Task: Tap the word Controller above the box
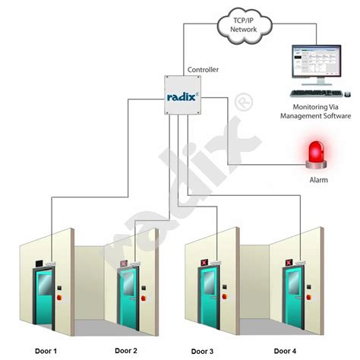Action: pos(202,70)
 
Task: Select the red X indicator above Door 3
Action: pos(204,263)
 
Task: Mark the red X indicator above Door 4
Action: pos(289,263)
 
